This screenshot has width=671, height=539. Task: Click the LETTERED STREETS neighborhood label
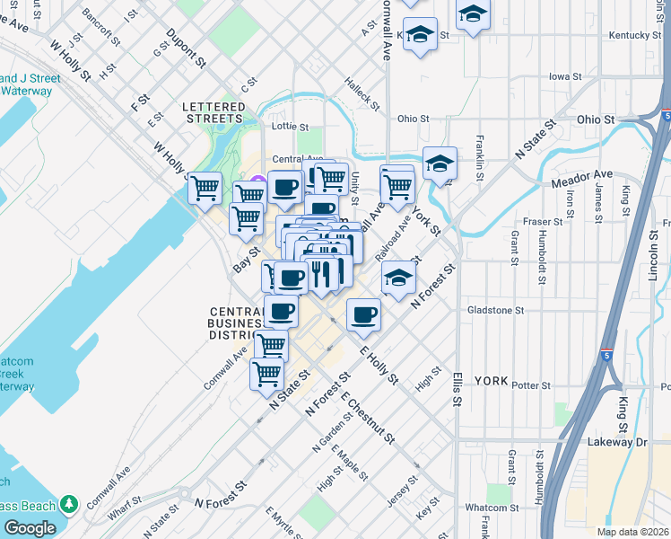tap(213, 112)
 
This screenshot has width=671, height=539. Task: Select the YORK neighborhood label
tap(491, 381)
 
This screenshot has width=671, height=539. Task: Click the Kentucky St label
tap(634, 35)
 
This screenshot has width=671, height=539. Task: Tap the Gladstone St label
tap(495, 310)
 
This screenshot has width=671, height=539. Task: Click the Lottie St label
tap(290, 128)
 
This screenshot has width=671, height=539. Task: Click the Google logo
tap(30, 527)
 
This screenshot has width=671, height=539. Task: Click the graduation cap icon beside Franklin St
tap(440, 163)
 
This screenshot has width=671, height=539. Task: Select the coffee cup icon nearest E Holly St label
tap(363, 314)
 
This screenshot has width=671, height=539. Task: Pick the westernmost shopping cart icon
tap(205, 188)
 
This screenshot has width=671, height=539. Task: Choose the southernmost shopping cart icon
tap(266, 374)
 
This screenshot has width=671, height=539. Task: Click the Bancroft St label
tap(100, 28)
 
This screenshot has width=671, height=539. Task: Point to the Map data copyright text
tap(632, 532)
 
